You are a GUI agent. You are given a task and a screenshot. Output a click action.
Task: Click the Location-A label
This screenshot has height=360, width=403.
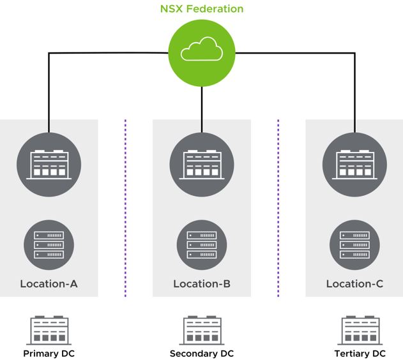click(x=49, y=283)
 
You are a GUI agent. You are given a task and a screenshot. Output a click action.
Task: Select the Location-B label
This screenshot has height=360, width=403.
click(x=202, y=283)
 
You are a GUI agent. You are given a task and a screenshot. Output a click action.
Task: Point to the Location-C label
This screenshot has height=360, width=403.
click(x=354, y=283)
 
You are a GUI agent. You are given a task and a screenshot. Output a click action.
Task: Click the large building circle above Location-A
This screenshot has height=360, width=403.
click(x=49, y=165)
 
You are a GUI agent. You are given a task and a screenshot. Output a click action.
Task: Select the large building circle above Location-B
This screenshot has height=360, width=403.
click(x=202, y=165)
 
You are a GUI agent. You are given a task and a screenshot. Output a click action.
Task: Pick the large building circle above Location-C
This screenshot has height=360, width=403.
click(x=354, y=165)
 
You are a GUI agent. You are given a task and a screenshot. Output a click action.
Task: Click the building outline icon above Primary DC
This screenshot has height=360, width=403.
click(x=49, y=330)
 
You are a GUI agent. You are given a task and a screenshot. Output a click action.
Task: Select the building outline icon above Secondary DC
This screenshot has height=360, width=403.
click(x=202, y=330)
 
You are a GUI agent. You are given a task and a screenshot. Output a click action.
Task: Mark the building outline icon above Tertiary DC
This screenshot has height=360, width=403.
click(x=360, y=330)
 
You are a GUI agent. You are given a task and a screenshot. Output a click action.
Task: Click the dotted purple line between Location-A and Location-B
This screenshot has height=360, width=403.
click(x=126, y=207)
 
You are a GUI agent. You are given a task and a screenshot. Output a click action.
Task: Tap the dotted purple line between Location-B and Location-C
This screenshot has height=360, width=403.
click(x=278, y=207)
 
